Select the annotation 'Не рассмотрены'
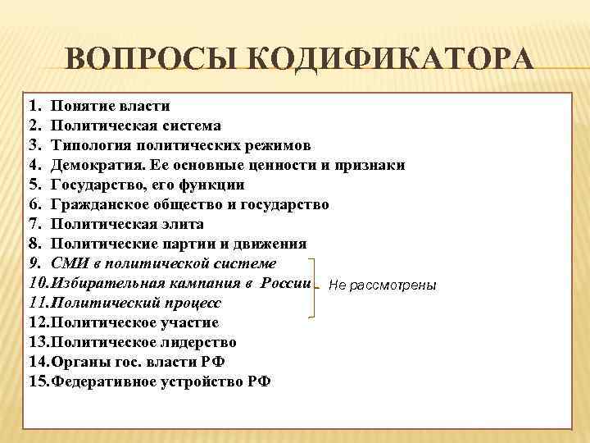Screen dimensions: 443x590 coord(382,285)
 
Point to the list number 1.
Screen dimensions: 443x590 coord(33,106)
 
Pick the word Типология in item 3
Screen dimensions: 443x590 coord(87,145)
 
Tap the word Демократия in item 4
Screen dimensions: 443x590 coord(93,165)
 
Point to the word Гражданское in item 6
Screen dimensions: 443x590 coord(97,204)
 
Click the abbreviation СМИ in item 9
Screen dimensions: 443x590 coord(68,263)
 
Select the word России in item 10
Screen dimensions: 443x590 coord(286,283)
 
